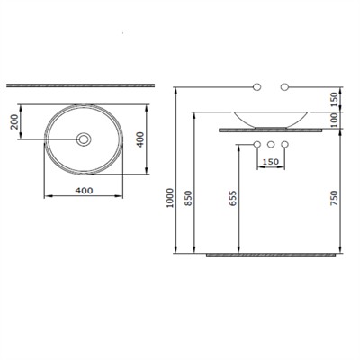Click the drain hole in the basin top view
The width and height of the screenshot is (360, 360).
85,139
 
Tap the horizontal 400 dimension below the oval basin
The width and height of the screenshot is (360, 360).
85,191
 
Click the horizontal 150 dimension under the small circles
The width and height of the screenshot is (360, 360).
271,162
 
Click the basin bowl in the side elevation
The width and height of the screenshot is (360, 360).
271,118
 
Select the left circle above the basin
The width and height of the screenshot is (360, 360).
256,86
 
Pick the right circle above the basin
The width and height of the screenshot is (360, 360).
285,86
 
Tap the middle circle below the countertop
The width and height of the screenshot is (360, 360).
271,145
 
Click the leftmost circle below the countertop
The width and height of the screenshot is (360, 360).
256,145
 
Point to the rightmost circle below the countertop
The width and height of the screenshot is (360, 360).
285,145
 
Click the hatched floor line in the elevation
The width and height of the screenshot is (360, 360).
274,255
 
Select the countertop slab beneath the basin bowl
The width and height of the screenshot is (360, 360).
271,130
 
